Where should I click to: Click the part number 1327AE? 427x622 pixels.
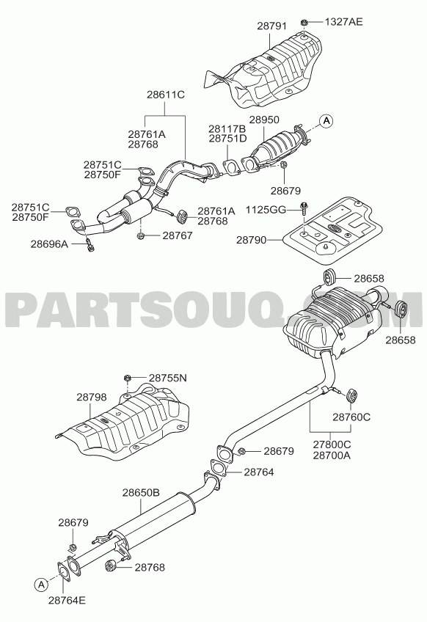[343, 21]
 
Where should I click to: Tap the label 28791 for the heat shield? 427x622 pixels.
[271, 26]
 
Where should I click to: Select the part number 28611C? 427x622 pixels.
[166, 95]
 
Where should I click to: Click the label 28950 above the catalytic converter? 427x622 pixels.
[264, 120]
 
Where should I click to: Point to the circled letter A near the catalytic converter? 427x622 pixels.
[326, 120]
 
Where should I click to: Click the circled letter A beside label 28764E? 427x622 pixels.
[41, 584]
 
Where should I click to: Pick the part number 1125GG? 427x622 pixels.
[266, 210]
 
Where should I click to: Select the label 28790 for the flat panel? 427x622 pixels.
[251, 240]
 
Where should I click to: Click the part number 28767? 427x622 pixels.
[178, 235]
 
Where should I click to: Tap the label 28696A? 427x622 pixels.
[49, 244]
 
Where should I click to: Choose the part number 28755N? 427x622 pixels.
[168, 378]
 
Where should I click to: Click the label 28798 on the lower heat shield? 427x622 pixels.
[92, 397]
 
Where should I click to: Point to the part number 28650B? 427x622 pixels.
[141, 493]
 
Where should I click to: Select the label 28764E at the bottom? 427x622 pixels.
[67, 600]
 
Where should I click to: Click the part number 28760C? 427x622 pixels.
[351, 417]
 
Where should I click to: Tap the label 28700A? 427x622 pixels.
[332, 455]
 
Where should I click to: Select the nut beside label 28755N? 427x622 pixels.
[128, 377]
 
